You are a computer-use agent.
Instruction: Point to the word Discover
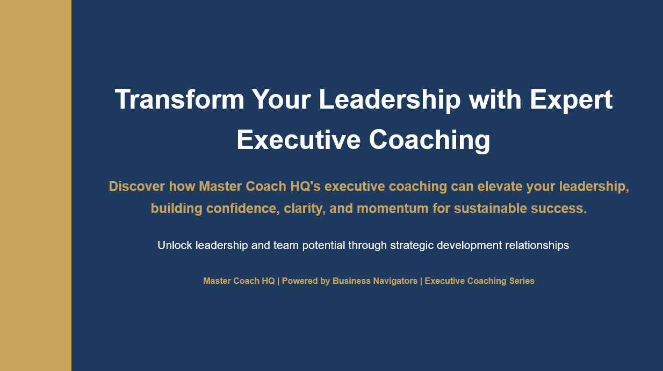[136, 187]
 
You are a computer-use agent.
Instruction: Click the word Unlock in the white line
[175, 245]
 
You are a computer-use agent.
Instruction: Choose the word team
[286, 245]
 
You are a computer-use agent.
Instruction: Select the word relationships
[537, 245]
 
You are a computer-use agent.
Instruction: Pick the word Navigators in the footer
[393, 281]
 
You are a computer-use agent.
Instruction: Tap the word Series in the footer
[521, 281]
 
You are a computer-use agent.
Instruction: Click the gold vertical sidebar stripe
[35, 185]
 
